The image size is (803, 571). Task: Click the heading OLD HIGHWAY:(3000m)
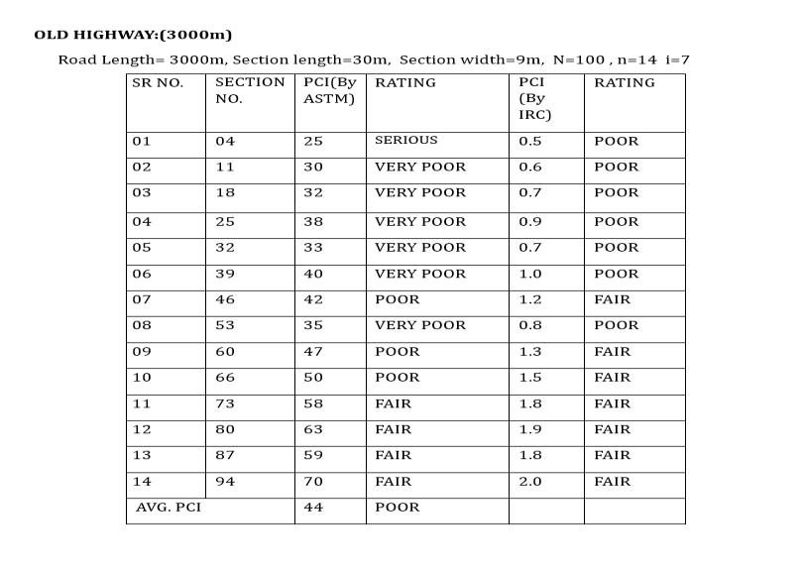click(x=133, y=35)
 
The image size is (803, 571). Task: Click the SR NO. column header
click(x=158, y=83)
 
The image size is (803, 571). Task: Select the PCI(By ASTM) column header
click(x=329, y=90)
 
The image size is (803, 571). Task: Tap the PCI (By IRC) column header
click(x=534, y=98)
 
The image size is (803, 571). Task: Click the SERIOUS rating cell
click(x=405, y=141)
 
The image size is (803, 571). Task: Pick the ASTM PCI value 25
click(x=313, y=142)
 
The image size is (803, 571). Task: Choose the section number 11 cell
click(x=225, y=168)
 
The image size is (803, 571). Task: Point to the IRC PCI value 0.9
click(x=530, y=222)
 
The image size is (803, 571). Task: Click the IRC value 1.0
click(x=530, y=274)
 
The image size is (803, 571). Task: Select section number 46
click(x=225, y=299)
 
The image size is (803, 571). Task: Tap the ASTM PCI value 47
click(x=313, y=352)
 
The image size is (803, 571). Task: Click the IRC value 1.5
click(x=530, y=378)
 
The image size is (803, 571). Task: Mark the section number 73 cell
click(x=225, y=403)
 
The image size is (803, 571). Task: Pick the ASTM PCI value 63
click(x=313, y=429)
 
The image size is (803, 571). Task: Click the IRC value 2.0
click(x=530, y=482)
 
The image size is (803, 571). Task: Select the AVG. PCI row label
click(x=169, y=508)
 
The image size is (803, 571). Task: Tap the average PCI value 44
click(x=313, y=508)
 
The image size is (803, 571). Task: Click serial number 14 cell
click(x=142, y=482)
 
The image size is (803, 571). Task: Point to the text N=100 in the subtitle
click(x=578, y=59)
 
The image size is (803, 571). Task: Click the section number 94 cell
click(x=225, y=482)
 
